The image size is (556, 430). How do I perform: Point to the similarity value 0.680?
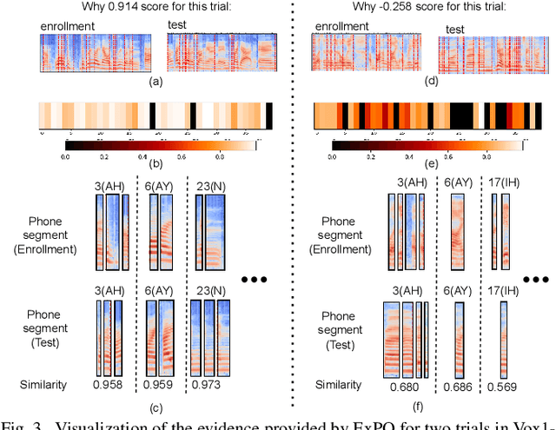coord(402,385)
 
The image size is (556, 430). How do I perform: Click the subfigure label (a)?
coord(156,81)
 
